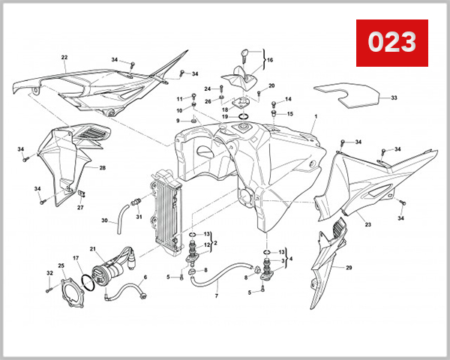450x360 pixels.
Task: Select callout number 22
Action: tap(64, 58)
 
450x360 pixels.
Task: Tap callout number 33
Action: tap(394, 98)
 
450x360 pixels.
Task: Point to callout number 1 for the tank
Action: tap(316, 117)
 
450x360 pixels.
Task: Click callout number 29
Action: tap(348, 267)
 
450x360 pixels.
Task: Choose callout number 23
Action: tap(367, 224)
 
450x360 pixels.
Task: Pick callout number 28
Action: tap(102, 168)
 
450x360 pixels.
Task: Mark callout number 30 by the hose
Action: tap(105, 220)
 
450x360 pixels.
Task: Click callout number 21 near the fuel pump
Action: tap(93, 249)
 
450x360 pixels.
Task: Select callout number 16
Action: tap(270, 59)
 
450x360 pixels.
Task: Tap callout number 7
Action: tap(216, 296)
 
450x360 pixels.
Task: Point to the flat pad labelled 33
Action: tap(345, 95)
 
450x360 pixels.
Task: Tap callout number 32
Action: tap(49, 273)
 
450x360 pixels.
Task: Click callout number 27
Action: tap(80, 208)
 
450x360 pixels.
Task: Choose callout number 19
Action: tap(224, 117)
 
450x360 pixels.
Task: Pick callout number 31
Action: tap(139, 217)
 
